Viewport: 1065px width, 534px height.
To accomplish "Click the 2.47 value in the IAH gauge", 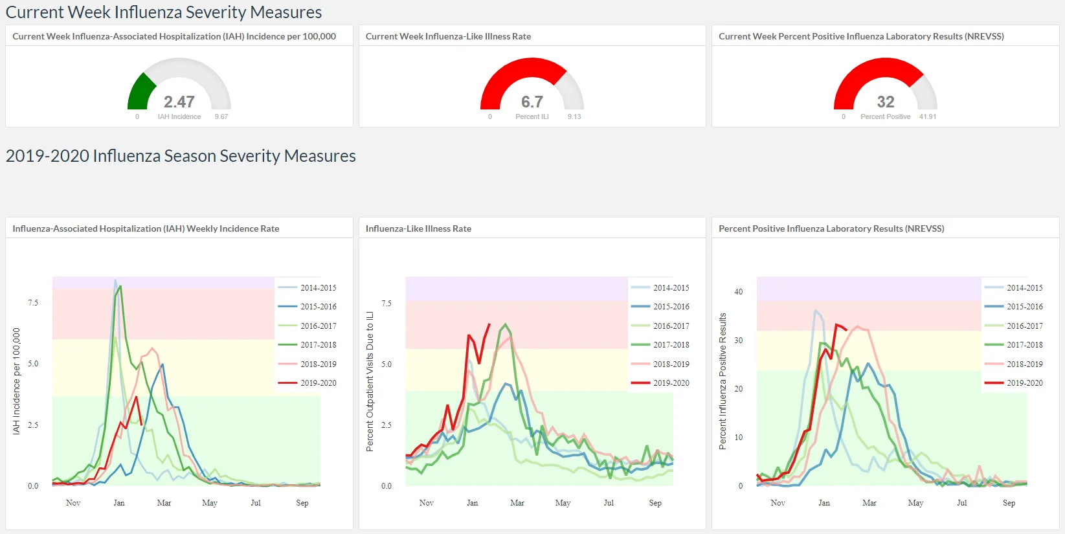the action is pos(179,102).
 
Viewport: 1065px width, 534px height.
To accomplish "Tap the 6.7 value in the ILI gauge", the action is pos(532,102).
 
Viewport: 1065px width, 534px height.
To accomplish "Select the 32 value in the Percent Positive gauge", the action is pos(885,102).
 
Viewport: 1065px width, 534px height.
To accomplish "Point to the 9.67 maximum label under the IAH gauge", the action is pos(221,117).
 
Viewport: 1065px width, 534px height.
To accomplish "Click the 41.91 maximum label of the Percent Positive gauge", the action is pos(928,117).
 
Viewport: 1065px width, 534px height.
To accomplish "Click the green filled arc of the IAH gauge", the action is pos(140,93).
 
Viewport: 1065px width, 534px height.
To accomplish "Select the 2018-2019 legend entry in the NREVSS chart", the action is pos(1014,364).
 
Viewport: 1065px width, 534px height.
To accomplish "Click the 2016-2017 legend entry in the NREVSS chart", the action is pos(1014,326).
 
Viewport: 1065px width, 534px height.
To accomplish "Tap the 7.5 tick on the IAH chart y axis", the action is pos(33,303).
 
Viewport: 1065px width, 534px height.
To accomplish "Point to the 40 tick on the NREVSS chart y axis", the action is pos(738,291).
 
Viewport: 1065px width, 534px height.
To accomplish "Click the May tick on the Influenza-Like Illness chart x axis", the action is pos(563,503).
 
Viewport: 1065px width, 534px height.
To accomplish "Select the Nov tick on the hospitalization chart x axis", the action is pos(73,503).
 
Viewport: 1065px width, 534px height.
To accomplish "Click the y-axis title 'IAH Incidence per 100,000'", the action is pos(17,381).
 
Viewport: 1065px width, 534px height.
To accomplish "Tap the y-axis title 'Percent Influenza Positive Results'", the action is pos(723,381).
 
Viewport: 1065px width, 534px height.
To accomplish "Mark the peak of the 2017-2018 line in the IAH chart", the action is pos(121,286).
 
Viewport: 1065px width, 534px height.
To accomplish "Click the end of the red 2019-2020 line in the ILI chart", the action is pos(489,324).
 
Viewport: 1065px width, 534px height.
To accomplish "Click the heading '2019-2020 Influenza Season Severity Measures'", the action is pos(181,156).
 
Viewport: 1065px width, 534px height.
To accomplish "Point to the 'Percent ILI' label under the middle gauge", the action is pos(532,117).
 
